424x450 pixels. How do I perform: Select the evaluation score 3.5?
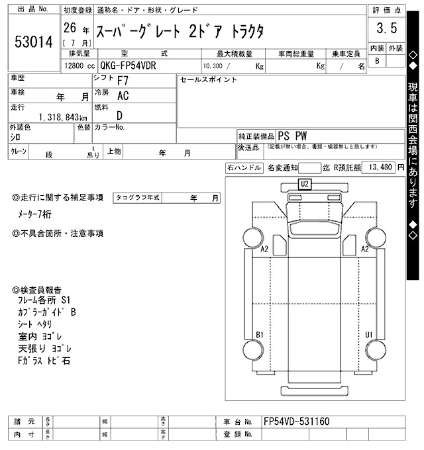(386, 28)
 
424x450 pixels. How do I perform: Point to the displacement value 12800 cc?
(79, 66)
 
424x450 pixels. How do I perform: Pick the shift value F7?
(123, 81)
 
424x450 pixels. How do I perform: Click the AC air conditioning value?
(123, 96)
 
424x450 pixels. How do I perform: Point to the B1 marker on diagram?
(260, 334)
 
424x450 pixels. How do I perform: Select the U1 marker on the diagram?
(368, 334)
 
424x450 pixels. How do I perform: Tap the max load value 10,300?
(213, 66)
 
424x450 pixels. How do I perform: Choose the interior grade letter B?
(377, 61)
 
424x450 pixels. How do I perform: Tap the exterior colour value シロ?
(15, 136)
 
